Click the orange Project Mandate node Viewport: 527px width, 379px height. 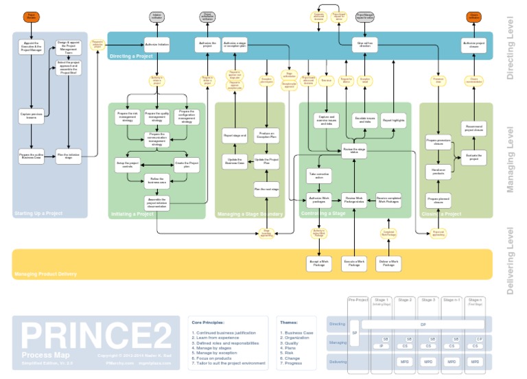tap(31, 16)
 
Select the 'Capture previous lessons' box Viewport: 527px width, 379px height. tap(31, 115)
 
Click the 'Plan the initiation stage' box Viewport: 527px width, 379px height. tap(69, 157)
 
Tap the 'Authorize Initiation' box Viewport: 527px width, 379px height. tap(156, 45)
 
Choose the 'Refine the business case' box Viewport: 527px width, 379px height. tap(156, 181)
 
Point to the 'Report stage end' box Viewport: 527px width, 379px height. tap(235, 136)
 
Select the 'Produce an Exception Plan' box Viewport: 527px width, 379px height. tap(266, 135)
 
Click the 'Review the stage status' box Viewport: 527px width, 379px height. tap(354, 150)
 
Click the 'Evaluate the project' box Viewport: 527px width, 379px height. tap(474, 157)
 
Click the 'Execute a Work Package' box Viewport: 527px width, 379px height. tap(354, 263)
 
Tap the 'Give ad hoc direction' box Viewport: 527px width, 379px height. tap(365, 45)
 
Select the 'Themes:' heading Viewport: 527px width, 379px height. tap(288, 321)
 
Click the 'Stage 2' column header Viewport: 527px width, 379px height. tap(405, 301)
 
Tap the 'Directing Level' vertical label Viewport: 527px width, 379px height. tap(510, 48)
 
